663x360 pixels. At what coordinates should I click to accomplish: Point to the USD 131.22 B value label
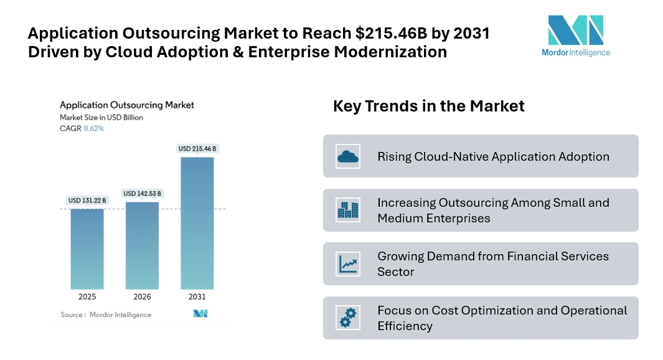[87, 201]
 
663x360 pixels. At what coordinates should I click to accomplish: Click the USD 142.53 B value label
[143, 194]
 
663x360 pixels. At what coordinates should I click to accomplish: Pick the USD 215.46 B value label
[197, 149]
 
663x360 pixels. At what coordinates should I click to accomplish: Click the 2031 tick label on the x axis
[197, 296]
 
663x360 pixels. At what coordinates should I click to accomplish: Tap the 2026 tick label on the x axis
[142, 296]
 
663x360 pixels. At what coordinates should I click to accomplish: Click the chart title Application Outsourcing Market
[127, 105]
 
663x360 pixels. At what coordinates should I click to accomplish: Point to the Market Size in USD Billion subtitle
[101, 117]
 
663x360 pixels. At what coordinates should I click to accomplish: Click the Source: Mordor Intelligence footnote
[106, 315]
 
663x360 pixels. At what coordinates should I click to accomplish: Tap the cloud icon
[348, 156]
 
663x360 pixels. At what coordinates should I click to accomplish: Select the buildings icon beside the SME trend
[348, 211]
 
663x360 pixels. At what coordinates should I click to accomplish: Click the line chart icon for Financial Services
[348, 264]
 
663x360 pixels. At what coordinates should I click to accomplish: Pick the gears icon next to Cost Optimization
[348, 318]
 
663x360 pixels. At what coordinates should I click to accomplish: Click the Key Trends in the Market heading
[428, 106]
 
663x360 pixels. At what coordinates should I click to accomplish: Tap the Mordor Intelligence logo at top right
[576, 36]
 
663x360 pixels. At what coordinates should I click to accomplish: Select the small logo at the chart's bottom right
[200, 313]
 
